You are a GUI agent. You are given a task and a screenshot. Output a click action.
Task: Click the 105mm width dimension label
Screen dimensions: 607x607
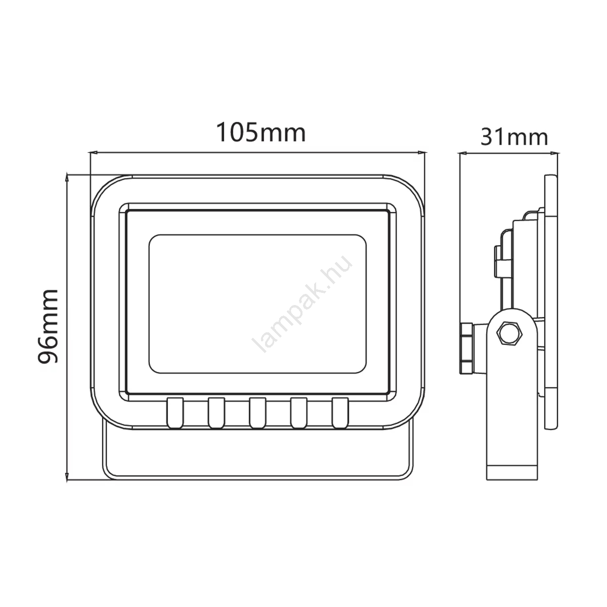click(261, 133)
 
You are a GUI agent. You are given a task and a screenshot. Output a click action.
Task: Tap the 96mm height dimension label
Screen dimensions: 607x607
click(48, 326)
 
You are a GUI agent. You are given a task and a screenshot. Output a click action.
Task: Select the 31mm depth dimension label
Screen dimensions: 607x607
click(514, 138)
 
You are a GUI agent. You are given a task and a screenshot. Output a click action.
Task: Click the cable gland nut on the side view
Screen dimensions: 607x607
click(466, 349)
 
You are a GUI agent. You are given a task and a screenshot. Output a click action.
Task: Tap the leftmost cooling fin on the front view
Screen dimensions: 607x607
click(175, 413)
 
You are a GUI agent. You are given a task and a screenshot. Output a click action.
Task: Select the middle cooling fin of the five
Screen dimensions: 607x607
click(257, 413)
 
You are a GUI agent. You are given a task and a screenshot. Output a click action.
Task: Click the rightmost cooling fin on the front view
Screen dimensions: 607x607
click(340, 413)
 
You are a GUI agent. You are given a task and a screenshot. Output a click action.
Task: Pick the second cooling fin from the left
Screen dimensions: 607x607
click(216, 413)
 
